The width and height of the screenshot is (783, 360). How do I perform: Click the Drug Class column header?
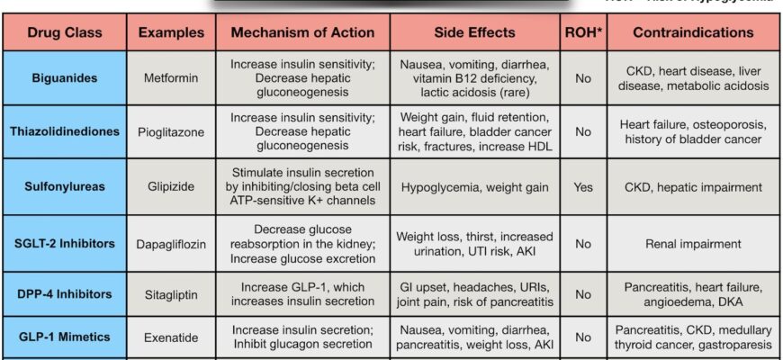64,32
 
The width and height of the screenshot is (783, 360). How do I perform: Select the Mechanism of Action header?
302,32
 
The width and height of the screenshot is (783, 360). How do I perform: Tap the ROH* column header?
583,32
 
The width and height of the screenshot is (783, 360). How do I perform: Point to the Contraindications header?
693,32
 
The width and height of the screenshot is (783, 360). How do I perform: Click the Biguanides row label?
64,77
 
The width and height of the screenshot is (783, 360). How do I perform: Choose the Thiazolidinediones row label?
64,131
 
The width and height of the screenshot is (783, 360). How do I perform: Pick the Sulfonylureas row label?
64,186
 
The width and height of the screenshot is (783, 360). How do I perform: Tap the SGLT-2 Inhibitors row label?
64,242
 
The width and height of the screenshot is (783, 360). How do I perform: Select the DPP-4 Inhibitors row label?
64,293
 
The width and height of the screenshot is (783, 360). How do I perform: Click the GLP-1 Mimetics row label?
64,337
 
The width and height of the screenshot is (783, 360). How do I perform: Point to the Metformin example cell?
169,77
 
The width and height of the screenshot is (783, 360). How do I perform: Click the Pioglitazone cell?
169,131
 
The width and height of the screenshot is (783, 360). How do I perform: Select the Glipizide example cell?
169,186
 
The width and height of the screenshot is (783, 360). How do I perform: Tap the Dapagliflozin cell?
169,242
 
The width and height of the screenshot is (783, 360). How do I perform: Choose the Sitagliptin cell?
169,293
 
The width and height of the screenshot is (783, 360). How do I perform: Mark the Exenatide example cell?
169,337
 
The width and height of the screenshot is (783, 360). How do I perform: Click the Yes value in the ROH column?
583,186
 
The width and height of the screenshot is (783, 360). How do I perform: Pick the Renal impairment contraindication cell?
693,242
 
